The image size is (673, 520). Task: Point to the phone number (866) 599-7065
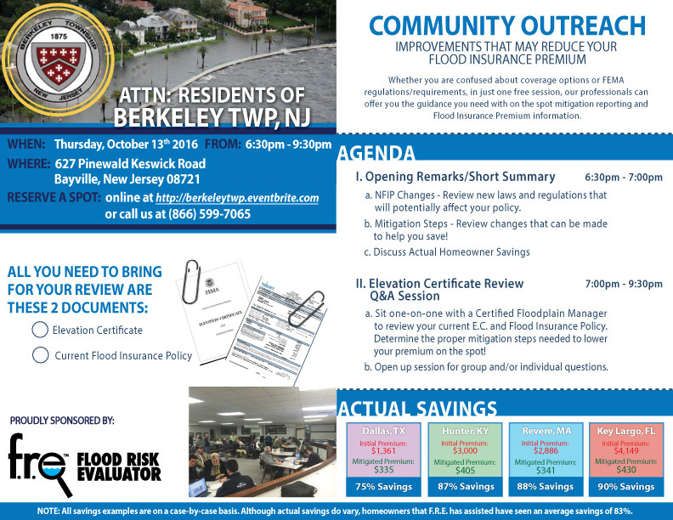tap(204, 214)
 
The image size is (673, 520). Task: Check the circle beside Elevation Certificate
tap(40, 330)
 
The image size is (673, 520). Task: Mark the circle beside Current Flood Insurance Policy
tap(40, 355)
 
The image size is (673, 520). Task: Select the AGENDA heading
tap(376, 154)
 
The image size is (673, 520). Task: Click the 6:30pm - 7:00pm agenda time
tap(624, 178)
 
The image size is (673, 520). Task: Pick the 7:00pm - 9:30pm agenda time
tap(624, 283)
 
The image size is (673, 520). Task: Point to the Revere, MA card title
tap(540, 431)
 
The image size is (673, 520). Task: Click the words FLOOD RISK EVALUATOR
tap(119, 466)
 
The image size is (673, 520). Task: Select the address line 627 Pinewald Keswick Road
tap(130, 163)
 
